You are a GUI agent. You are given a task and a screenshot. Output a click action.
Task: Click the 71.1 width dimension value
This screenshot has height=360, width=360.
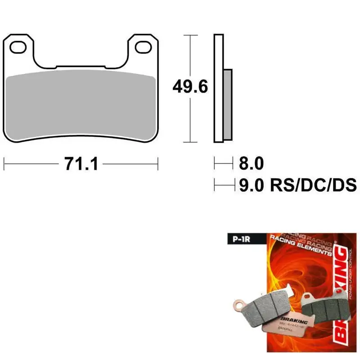pyautogui.click(x=81, y=164)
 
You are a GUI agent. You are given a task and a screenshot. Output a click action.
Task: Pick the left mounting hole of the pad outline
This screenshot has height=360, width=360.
pyautogui.click(x=19, y=45)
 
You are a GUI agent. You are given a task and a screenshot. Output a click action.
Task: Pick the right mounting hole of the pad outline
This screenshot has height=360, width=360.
pyautogui.click(x=143, y=45)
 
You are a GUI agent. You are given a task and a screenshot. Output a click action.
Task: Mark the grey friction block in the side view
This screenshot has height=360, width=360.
pyautogui.click(x=228, y=103)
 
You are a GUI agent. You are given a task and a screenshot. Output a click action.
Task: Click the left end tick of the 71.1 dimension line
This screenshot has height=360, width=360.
pyautogui.click(x=4, y=164)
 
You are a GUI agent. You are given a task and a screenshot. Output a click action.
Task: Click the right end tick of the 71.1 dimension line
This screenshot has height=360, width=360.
pyautogui.click(x=157, y=164)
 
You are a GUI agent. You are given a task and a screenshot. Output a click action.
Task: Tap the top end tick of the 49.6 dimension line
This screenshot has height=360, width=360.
pyautogui.click(x=190, y=35)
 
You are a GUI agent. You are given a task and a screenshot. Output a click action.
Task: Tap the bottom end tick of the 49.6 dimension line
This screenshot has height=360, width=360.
pyautogui.click(x=190, y=142)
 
